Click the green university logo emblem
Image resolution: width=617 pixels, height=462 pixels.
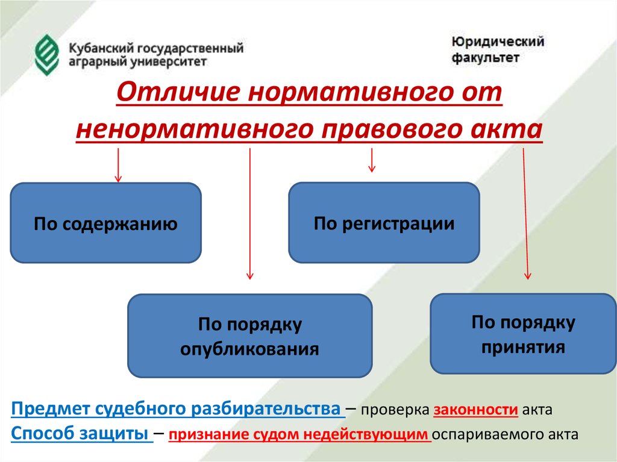(47, 55)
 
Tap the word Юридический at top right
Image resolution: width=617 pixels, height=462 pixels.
(498, 42)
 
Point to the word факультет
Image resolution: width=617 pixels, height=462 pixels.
(485, 57)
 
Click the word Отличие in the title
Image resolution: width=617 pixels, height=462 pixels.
(178, 92)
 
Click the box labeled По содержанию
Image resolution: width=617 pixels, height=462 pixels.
(105, 223)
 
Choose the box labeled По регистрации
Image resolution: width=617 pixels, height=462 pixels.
(384, 222)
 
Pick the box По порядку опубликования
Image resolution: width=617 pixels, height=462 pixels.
(250, 336)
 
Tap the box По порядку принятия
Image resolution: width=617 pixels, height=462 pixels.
(524, 334)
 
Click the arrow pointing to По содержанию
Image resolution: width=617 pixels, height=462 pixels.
(118, 165)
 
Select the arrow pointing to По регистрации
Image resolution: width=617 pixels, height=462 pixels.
(371, 160)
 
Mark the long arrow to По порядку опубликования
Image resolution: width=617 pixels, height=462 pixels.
(250, 214)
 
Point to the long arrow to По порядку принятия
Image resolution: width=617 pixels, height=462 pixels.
(525, 214)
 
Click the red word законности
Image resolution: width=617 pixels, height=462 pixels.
(476, 410)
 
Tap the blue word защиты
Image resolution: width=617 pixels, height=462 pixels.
(114, 434)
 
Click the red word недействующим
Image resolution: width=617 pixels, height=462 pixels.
(366, 434)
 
